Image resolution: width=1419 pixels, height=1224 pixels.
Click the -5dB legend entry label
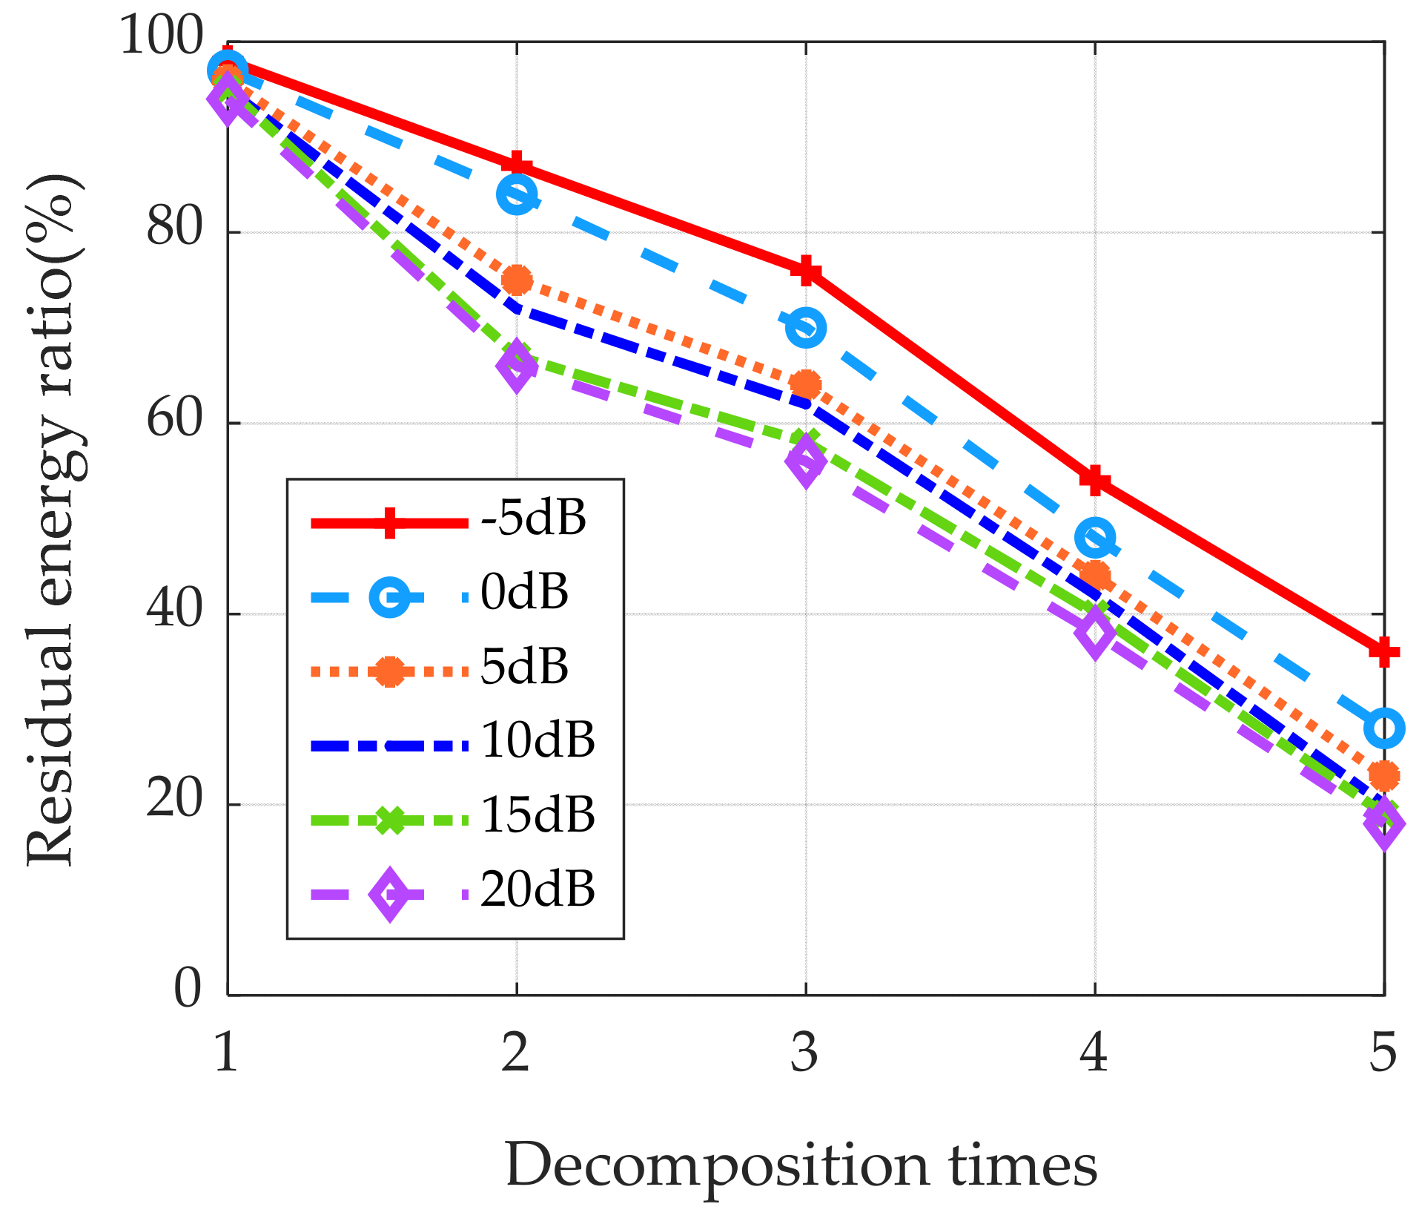tap(533, 518)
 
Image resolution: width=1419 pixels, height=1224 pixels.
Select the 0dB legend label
tap(524, 592)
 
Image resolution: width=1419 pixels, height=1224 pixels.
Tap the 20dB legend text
tap(537, 889)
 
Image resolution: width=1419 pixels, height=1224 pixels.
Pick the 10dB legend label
tap(537, 740)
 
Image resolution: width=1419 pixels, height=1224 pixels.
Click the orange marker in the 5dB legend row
tap(389, 671)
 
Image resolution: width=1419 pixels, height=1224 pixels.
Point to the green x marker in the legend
tap(389, 820)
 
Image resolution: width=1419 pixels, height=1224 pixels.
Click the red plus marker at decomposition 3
tap(806, 271)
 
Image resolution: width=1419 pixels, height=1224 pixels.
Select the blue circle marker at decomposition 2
tap(517, 195)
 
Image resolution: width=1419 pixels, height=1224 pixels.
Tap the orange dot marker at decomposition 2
tap(517, 280)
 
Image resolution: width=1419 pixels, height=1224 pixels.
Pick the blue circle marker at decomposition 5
tap(1383, 728)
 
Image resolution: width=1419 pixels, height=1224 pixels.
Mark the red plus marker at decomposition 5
tap(1383, 652)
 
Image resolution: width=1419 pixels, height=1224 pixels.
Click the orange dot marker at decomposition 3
tap(806, 384)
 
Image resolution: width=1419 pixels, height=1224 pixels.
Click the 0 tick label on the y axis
tap(187, 990)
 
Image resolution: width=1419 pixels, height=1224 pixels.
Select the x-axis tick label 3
tap(804, 1052)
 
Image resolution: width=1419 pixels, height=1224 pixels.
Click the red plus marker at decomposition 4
tap(1095, 480)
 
